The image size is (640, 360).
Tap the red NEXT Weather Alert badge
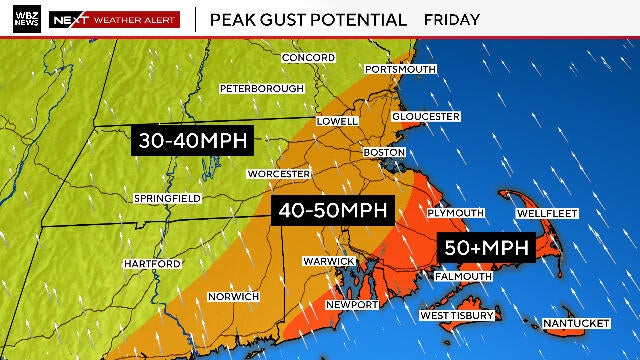115,19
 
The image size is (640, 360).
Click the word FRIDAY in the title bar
451,19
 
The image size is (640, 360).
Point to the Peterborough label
261,88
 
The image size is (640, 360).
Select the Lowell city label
337,121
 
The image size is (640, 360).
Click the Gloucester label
426,116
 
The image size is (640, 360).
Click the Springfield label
167,199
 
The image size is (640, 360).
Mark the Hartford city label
152,263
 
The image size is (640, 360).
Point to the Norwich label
233,296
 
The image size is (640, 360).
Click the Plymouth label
455,213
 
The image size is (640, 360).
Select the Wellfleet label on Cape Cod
545,214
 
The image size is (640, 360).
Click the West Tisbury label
456,315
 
